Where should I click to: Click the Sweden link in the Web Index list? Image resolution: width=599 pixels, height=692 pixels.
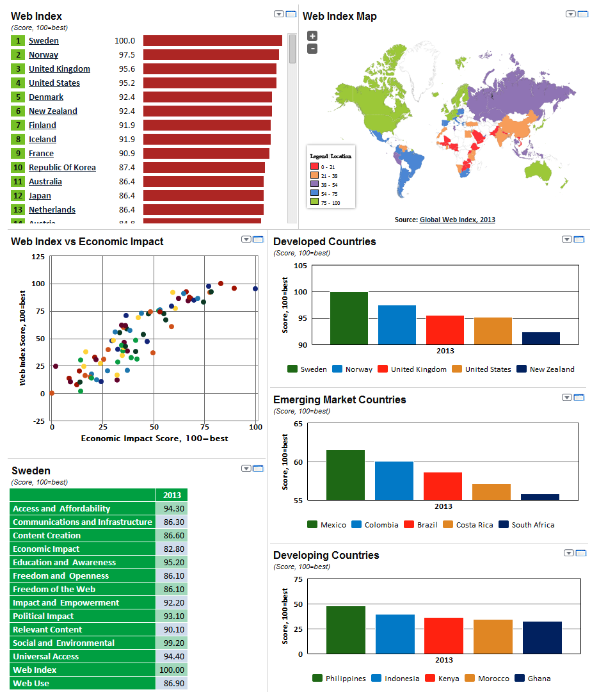tap(44, 41)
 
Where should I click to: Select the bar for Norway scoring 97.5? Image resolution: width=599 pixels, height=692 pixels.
tap(211, 55)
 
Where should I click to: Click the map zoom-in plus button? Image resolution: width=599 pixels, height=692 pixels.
tap(312, 36)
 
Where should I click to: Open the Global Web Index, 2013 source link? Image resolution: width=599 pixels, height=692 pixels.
tap(457, 220)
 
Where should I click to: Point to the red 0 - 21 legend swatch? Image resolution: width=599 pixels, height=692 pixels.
tap(314, 166)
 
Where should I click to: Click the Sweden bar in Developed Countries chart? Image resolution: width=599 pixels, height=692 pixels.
tap(349, 318)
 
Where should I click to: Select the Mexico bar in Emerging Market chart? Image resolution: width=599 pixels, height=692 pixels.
tap(345, 474)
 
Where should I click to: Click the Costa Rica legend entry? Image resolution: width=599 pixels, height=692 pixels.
tap(474, 525)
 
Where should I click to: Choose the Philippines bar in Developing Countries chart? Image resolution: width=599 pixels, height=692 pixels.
tap(346, 630)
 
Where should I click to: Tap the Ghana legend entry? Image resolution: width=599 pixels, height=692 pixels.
tap(538, 679)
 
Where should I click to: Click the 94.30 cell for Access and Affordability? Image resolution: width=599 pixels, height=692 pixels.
tap(172, 509)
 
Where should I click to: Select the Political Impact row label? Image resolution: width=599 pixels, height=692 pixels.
tap(44, 616)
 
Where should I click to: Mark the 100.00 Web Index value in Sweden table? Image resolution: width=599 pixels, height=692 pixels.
tap(172, 670)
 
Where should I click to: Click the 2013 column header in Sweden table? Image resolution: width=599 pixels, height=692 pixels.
tap(172, 495)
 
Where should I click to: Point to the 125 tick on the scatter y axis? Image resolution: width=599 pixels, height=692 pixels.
tap(38, 257)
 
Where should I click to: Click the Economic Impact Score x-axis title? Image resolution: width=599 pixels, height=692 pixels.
tap(154, 439)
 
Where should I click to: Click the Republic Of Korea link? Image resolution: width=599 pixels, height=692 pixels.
tap(62, 168)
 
